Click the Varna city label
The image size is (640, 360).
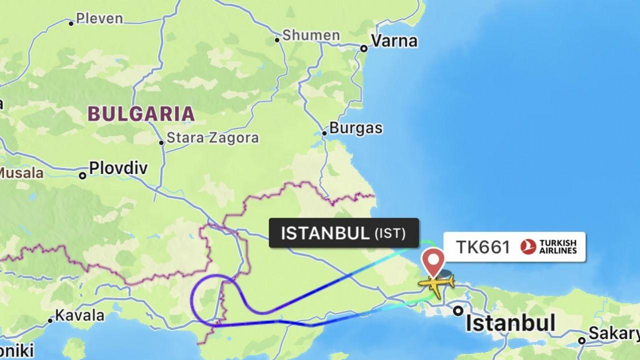coord(394,41)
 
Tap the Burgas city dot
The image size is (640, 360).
coord(324,133)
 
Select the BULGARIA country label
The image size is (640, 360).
coord(141,114)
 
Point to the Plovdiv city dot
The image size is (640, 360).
coord(82,175)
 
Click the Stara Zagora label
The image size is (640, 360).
coord(213,138)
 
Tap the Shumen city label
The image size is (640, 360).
coord(311,35)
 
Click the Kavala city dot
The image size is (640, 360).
coord(50,320)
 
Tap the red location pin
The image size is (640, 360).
coord(433,260)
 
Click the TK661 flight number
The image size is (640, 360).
coord(482,247)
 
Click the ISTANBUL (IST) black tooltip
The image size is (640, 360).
coord(343,233)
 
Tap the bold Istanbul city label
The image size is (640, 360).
coord(510,322)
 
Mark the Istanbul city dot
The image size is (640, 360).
coord(458,311)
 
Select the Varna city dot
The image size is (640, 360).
coord(364,48)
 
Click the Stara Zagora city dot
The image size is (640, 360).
coord(161,142)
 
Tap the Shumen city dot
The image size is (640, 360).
coord(277,40)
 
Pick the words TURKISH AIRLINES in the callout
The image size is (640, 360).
coord(557,247)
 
